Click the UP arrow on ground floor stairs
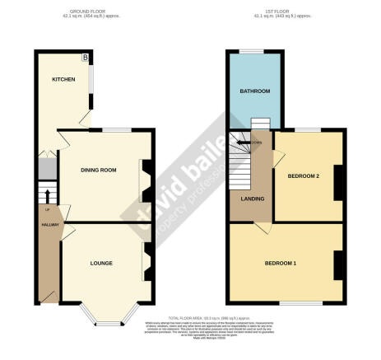point(47,196)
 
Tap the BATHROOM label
point(255,91)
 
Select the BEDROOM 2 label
point(303,176)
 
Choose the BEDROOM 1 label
point(280,263)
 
